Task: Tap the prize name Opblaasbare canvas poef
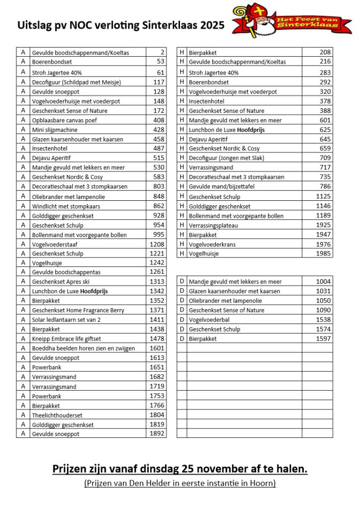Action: pyautogui.click(x=65, y=120)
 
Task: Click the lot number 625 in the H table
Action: pyautogui.click(x=325, y=130)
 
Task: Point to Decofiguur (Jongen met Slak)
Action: pyautogui.click(x=227, y=158)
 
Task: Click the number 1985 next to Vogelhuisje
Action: pyautogui.click(x=323, y=254)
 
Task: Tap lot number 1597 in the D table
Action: pyautogui.click(x=323, y=339)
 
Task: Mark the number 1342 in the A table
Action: pyautogui.click(x=157, y=291)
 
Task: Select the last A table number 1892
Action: pyautogui.click(x=157, y=434)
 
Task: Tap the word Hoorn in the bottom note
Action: pyautogui.click(x=263, y=483)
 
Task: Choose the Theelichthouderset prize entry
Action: pyautogui.click(x=57, y=415)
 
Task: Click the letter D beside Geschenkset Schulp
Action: pyautogui.click(x=182, y=329)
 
